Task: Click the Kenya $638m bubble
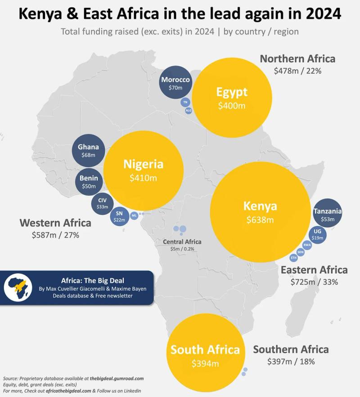(x=260, y=212)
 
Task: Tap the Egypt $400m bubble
(x=232, y=98)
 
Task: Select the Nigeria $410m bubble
(x=144, y=171)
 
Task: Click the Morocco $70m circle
(x=176, y=84)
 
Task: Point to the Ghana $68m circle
(x=88, y=150)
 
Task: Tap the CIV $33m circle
(x=103, y=203)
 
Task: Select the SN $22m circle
(x=119, y=216)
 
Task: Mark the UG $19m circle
(x=317, y=235)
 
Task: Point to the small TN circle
(x=185, y=103)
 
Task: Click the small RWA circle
(x=307, y=245)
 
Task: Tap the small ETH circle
(x=294, y=258)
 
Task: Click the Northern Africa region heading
(x=297, y=59)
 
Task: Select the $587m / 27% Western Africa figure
(x=55, y=235)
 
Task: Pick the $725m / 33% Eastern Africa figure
(x=314, y=282)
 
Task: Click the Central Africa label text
(x=182, y=242)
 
